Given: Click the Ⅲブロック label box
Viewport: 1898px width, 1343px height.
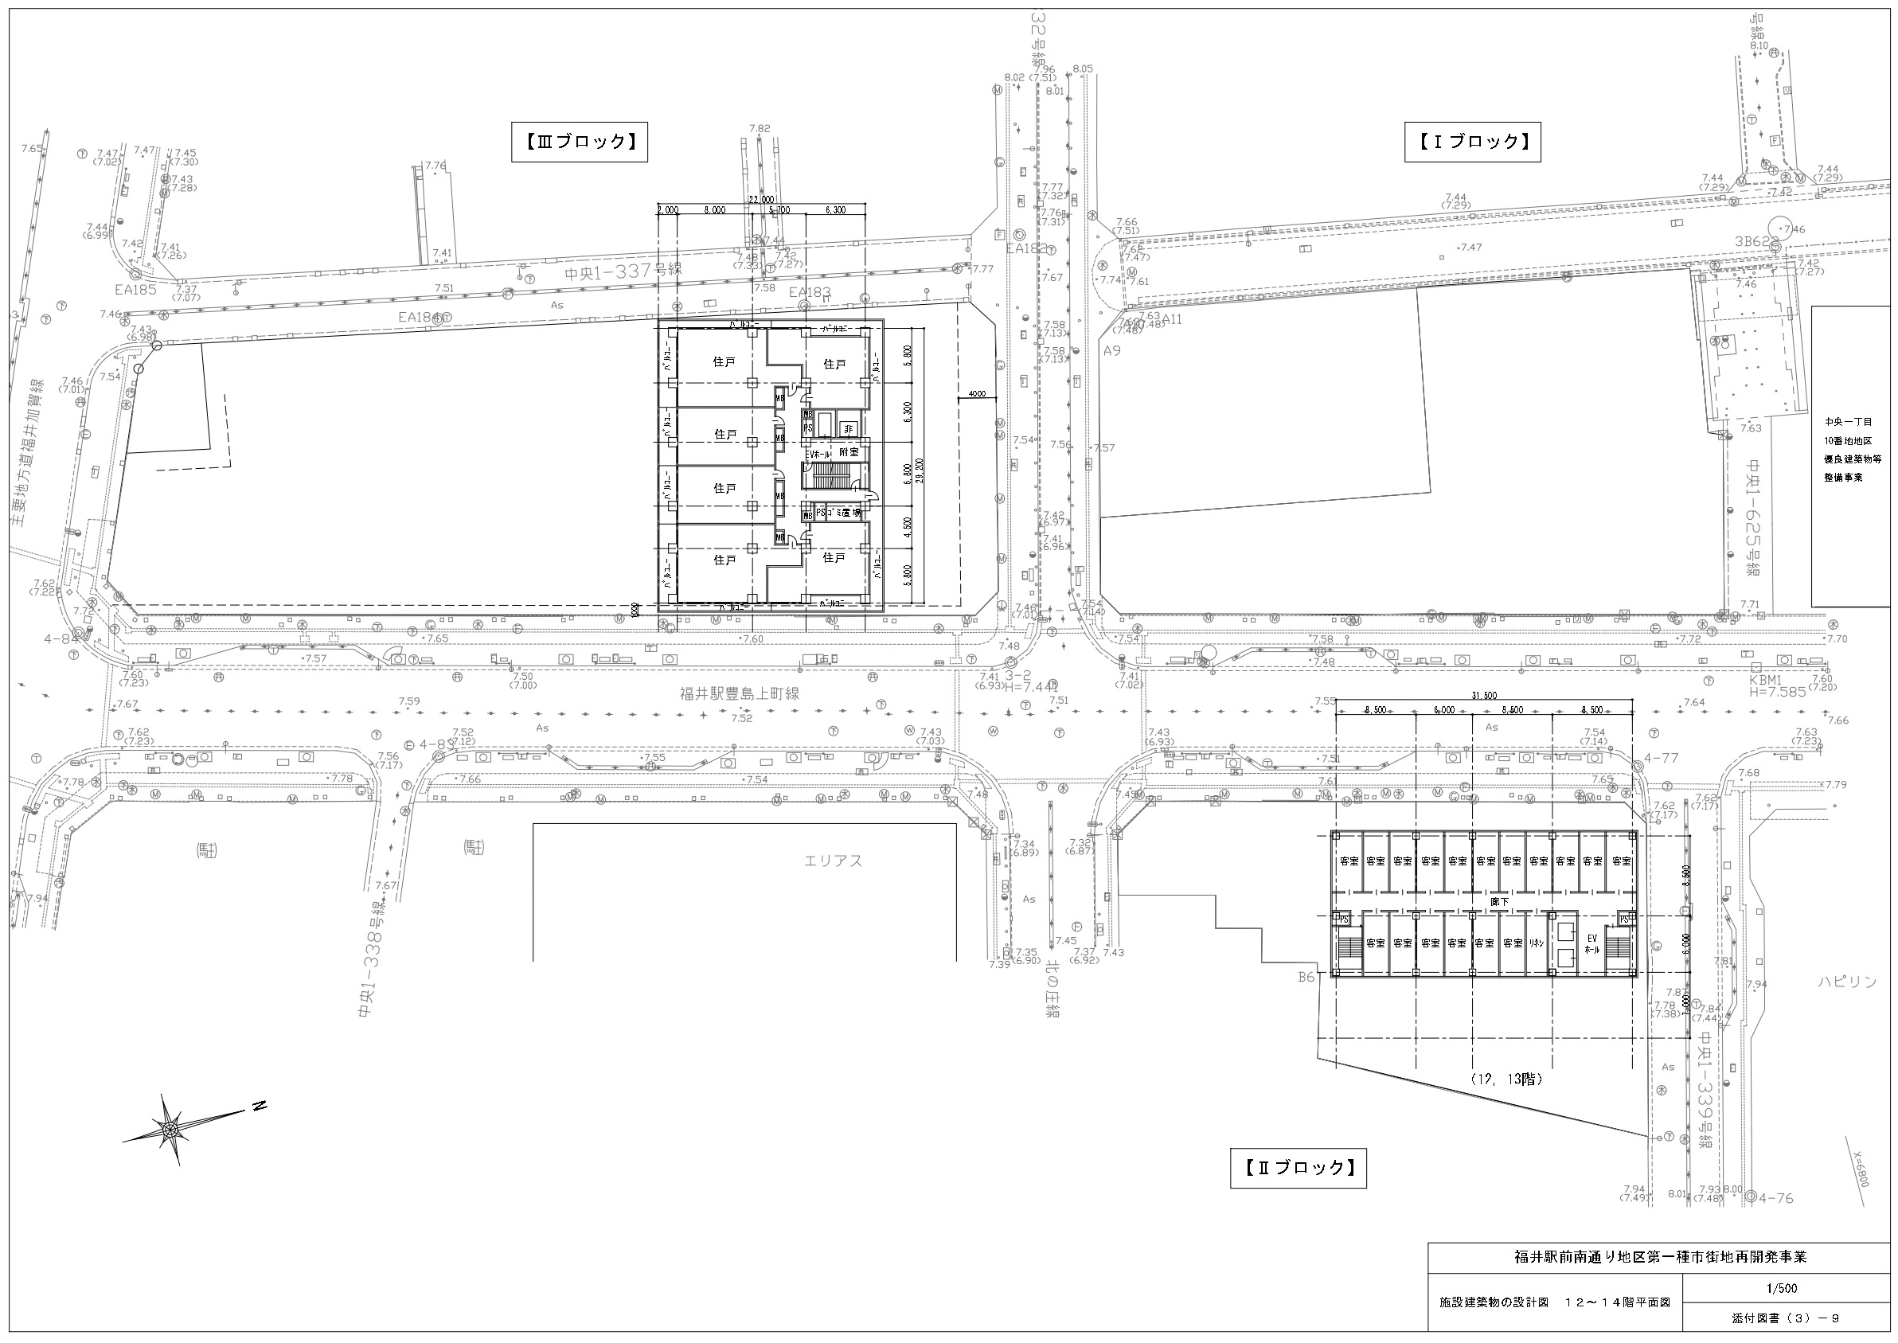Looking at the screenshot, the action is [579, 142].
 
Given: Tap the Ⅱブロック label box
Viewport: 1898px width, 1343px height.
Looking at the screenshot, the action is [1298, 1168].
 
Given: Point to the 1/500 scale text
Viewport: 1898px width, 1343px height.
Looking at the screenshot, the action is [1779, 1288].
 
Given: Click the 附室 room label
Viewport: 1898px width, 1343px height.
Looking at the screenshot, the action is [849, 453].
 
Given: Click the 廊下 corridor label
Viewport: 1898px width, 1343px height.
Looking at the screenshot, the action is [1499, 902].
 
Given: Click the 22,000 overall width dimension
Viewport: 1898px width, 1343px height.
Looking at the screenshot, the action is [762, 199].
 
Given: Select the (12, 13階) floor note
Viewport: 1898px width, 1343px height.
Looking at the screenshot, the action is [1507, 1079].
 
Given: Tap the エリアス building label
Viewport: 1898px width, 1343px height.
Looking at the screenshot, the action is [834, 861].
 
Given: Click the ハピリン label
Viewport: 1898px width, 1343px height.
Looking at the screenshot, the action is [1847, 982].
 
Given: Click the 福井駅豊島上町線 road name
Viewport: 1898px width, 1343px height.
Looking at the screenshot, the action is [740, 694].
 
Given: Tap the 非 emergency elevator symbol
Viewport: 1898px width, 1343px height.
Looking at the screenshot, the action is [848, 429].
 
